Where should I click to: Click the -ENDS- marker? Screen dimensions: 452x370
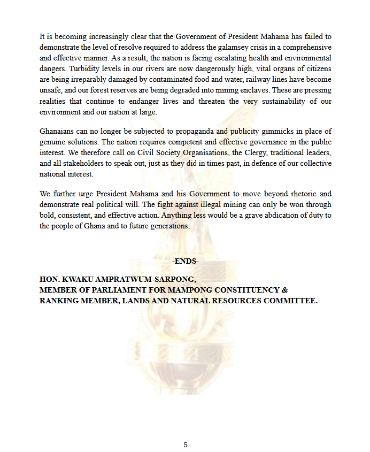[x=186, y=261]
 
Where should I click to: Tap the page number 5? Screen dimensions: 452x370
[x=186, y=445]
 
